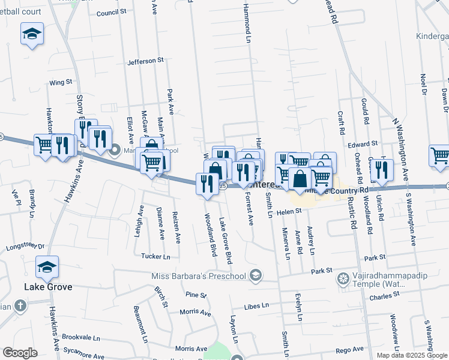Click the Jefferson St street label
click(145, 61)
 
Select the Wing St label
click(61, 82)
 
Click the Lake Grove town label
click(48, 287)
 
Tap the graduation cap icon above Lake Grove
click(47, 268)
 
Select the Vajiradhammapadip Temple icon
click(343, 278)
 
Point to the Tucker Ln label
click(155, 256)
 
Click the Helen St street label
click(289, 211)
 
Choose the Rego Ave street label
click(350, 349)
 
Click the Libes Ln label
click(256, 306)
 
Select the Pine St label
click(196, 295)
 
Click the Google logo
click(20, 353)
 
